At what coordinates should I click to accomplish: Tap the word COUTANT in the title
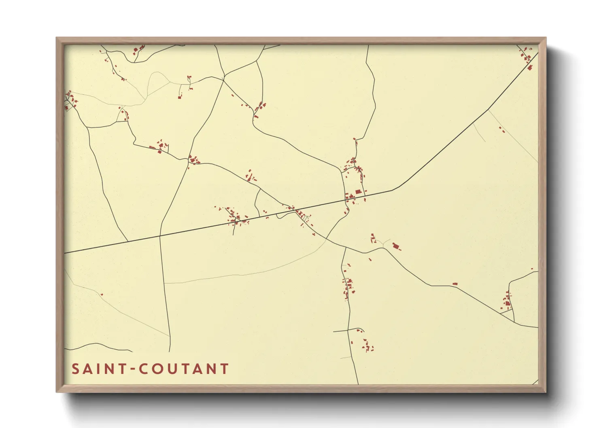tap(184, 369)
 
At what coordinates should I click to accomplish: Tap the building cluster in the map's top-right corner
tap(527, 57)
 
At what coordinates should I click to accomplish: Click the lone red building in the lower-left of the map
tap(102, 294)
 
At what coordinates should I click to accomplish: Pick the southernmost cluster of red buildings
tap(367, 346)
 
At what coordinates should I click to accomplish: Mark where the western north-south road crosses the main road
tap(160, 235)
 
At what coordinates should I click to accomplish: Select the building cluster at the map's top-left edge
tap(69, 99)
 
